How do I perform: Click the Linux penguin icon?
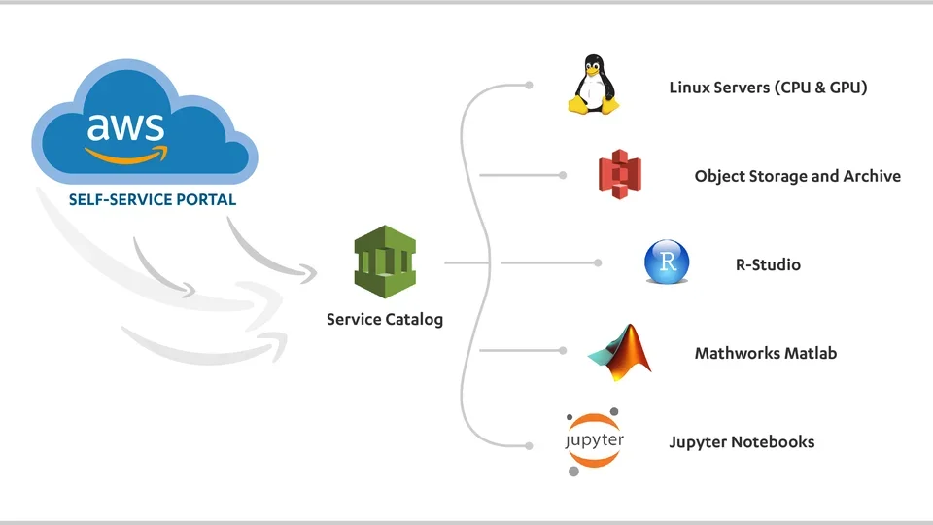[x=594, y=85]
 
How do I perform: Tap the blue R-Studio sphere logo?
[x=667, y=262]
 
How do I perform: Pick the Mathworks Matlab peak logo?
[x=621, y=352]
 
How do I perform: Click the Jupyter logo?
[x=594, y=441]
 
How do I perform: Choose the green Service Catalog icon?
[x=384, y=262]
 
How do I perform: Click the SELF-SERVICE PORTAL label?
[x=153, y=200]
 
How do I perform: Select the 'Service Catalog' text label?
[x=384, y=319]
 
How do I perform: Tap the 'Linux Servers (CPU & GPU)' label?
[x=767, y=87]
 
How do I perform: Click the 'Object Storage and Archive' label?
[x=797, y=176]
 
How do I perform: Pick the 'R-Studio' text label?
[x=768, y=263]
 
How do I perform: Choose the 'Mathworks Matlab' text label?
[x=765, y=353]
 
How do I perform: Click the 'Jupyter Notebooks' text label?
[x=741, y=442]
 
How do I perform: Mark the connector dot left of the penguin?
[x=529, y=86]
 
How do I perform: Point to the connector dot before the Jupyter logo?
[x=529, y=445]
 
